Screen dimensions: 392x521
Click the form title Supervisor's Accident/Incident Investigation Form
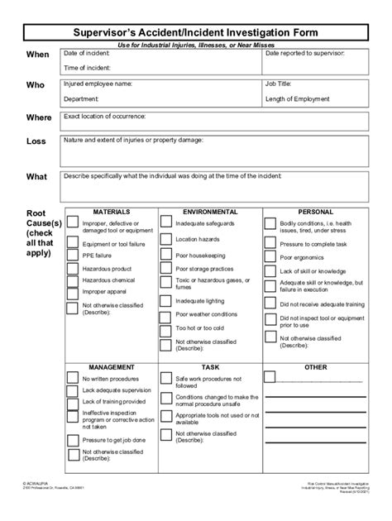[195, 31]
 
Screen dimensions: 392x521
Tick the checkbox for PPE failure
[72, 256]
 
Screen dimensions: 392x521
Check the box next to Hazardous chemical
[72, 281]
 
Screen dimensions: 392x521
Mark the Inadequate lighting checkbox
[165, 301]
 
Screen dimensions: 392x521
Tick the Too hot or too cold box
[165, 328]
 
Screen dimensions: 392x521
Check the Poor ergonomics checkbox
[270, 256]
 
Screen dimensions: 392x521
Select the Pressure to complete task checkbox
[270, 244]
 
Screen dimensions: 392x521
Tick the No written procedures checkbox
[72, 380]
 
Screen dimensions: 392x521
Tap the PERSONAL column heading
[315, 212]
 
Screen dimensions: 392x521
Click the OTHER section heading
[315, 366]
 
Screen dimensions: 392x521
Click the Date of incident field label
[86, 52]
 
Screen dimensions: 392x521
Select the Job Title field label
[279, 84]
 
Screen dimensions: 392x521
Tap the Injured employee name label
[98, 84]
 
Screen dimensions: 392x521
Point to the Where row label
[38, 117]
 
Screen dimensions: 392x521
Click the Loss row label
[36, 141]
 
